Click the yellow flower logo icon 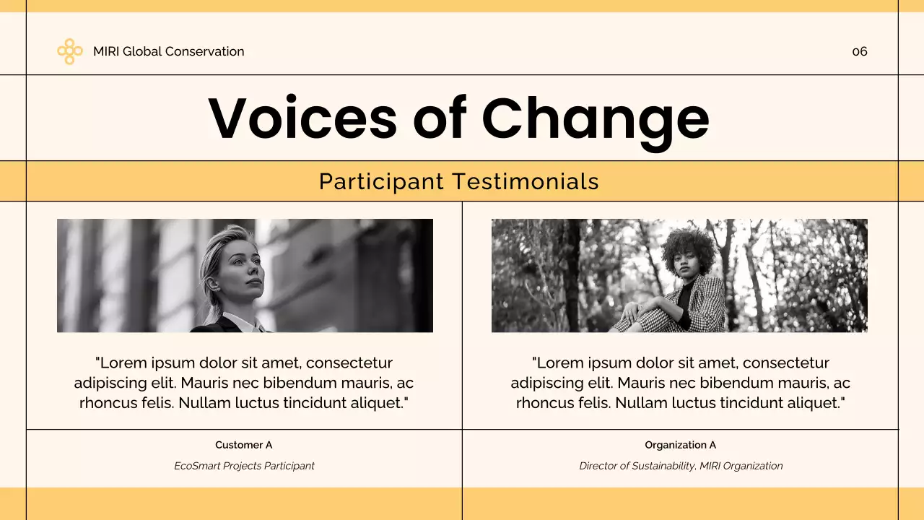tap(69, 51)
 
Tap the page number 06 tap(859, 51)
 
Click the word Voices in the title tap(302, 118)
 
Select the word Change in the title tap(596, 118)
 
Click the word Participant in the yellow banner tap(381, 181)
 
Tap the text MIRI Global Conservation tap(168, 51)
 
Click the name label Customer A tap(243, 445)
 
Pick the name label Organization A tap(680, 445)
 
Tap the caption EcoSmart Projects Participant tap(244, 466)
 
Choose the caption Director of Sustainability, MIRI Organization tap(680, 466)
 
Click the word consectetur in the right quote tap(785, 363)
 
